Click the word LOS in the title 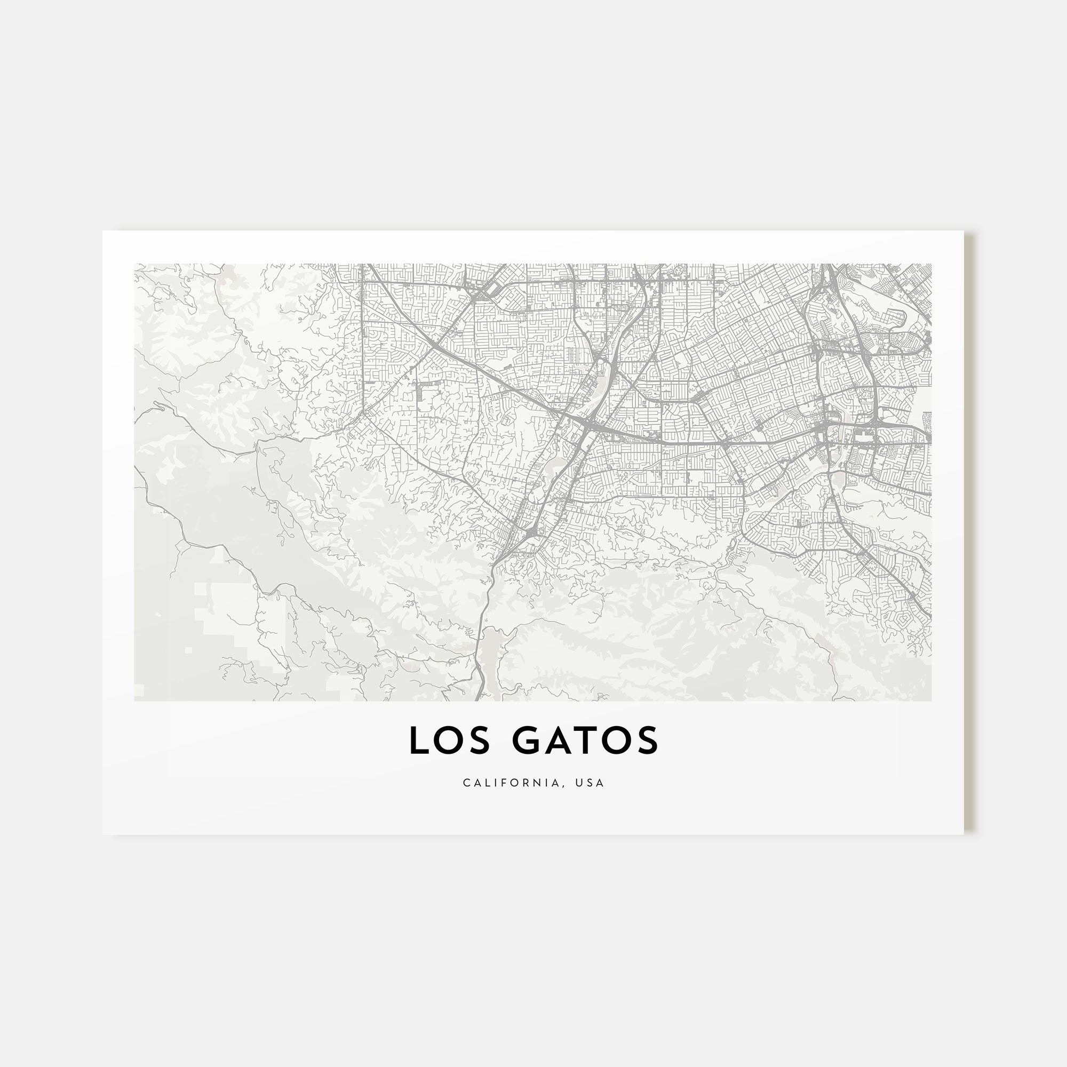pyautogui.click(x=449, y=740)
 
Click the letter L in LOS pyautogui.click(x=418, y=740)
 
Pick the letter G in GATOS pyautogui.click(x=527, y=740)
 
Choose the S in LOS pyautogui.click(x=480, y=740)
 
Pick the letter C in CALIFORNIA pyautogui.click(x=467, y=783)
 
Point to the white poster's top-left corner pyautogui.click(x=103, y=232)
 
